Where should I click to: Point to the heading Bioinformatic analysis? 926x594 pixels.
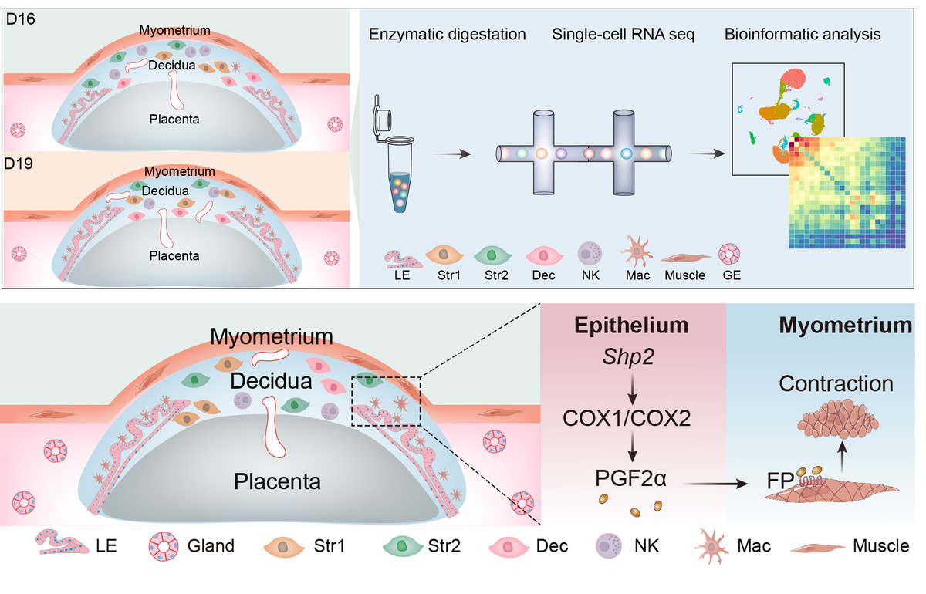pyautogui.click(x=803, y=35)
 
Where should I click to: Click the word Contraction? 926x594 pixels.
pyautogui.click(x=836, y=383)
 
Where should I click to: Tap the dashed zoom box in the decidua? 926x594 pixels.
pyautogui.click(x=386, y=400)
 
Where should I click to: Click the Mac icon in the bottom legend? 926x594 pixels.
pyautogui.click(x=714, y=546)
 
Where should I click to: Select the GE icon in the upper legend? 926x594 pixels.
pyautogui.click(x=728, y=255)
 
